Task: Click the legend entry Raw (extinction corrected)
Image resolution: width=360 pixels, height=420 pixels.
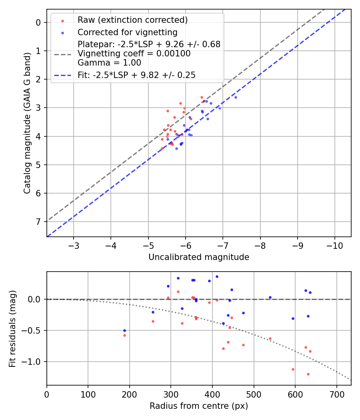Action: (x=132, y=20)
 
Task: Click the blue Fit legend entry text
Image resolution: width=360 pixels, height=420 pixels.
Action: (x=136, y=75)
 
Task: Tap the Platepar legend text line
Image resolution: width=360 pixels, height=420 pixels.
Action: (x=149, y=44)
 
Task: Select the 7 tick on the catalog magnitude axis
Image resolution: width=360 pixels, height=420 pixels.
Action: (x=39, y=222)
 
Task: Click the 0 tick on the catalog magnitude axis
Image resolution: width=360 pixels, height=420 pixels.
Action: (x=39, y=22)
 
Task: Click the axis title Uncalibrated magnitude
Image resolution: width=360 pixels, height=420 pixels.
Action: (x=199, y=257)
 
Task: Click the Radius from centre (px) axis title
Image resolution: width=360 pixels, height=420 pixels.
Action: (x=199, y=406)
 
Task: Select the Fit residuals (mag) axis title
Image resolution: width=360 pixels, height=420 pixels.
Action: (x=12, y=329)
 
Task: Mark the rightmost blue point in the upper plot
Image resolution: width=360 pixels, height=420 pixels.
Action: (x=236, y=97)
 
